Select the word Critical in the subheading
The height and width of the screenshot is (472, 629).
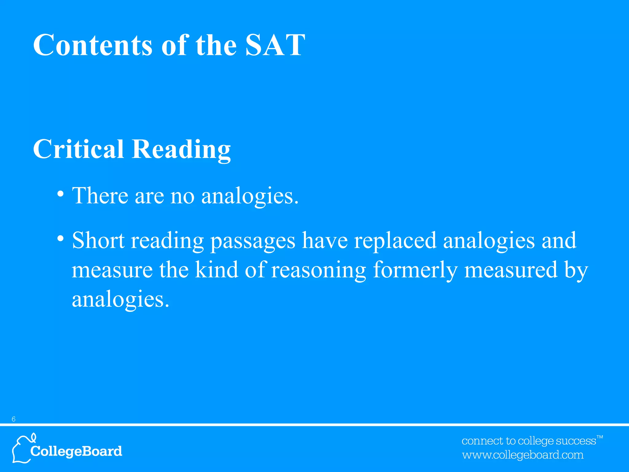pyautogui.click(x=78, y=149)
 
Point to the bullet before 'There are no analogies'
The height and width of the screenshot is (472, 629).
pyautogui.click(x=61, y=194)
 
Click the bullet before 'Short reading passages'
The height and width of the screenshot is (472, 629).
pyautogui.click(x=61, y=238)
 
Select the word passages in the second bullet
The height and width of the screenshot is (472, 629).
pyautogui.click(x=252, y=241)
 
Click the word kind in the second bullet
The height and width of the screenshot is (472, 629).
pyautogui.click(x=217, y=269)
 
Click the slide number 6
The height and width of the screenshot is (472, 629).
pyautogui.click(x=14, y=419)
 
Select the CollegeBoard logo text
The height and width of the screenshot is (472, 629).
pyautogui.click(x=76, y=451)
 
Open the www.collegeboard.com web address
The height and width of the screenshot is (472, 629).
pyautogui.click(x=523, y=455)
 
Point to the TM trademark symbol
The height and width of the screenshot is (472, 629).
pyautogui.click(x=600, y=437)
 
